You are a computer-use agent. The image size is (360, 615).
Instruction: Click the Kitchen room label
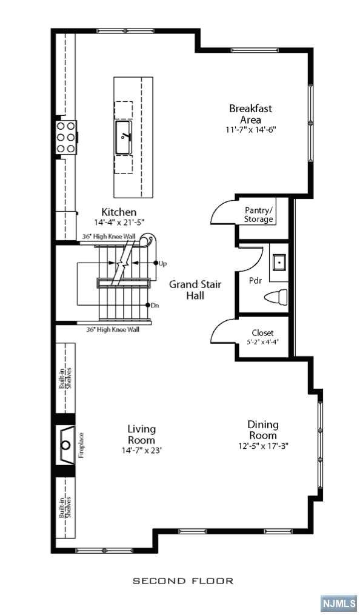pos(119,212)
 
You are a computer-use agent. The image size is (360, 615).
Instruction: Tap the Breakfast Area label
pos(250,113)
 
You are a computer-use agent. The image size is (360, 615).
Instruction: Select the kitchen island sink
pos(124,136)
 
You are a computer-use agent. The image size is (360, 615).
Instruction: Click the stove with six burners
pos(66,137)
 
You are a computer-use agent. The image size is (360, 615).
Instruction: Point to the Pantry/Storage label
pos(259,215)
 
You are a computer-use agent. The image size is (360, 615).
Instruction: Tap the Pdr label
pos(255,281)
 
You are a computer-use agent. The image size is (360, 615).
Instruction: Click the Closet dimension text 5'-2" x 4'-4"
pos(262,342)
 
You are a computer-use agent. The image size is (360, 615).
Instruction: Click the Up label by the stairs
pos(162,263)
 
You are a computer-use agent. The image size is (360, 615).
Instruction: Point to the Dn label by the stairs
pos(154,305)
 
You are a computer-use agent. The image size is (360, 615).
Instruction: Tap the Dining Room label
pos(262,430)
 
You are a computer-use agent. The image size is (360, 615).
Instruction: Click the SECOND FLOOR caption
pos(183,580)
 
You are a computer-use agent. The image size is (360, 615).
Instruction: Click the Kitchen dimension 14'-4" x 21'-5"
pos(119,222)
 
